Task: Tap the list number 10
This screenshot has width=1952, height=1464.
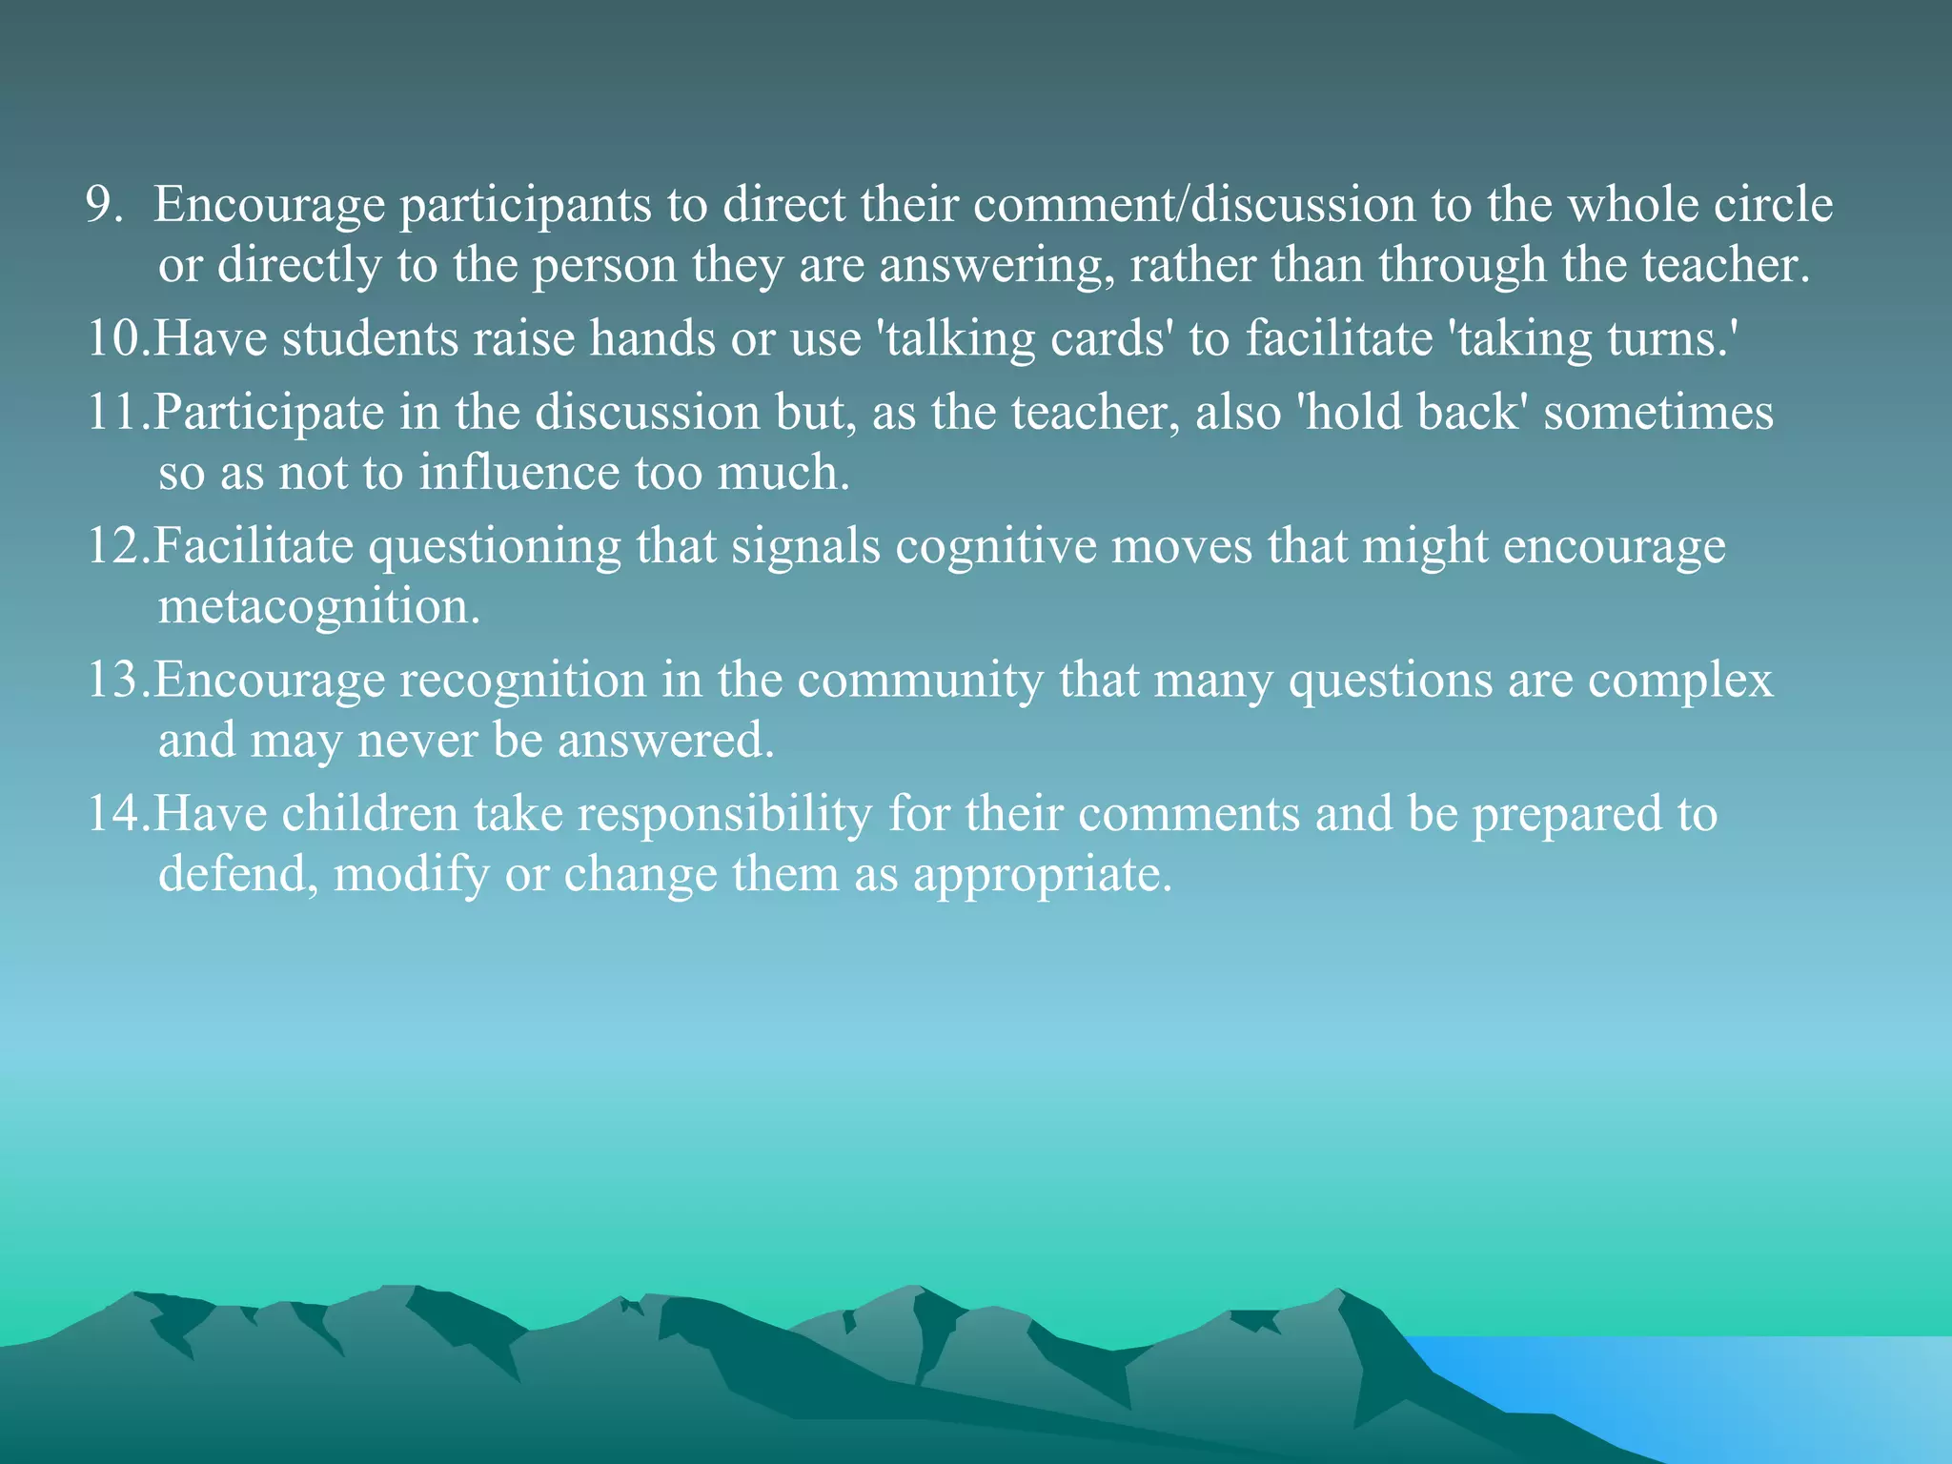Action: coord(116,338)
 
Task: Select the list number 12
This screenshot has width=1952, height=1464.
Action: coord(116,546)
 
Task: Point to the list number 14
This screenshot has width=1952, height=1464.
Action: coord(116,814)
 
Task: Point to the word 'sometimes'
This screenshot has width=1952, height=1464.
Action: coord(1658,413)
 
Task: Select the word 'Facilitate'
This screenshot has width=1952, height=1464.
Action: coord(253,546)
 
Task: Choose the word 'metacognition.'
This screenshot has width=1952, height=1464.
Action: coord(319,606)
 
